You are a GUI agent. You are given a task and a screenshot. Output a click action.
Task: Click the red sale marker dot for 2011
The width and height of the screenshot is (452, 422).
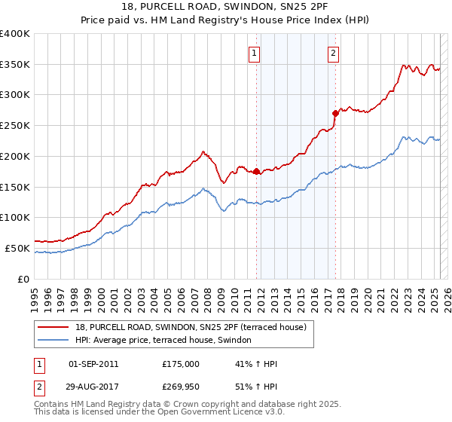[256, 171]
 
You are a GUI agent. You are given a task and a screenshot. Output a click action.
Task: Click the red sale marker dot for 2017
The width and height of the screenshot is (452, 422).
[335, 112]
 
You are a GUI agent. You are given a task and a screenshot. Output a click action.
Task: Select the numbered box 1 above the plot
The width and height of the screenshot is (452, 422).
[255, 53]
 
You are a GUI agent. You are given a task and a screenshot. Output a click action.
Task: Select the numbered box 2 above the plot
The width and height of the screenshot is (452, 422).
[333, 53]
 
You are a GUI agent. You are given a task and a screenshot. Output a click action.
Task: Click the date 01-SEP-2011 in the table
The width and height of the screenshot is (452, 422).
[93, 364]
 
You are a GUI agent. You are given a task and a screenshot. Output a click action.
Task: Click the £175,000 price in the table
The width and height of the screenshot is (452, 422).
[181, 364]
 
